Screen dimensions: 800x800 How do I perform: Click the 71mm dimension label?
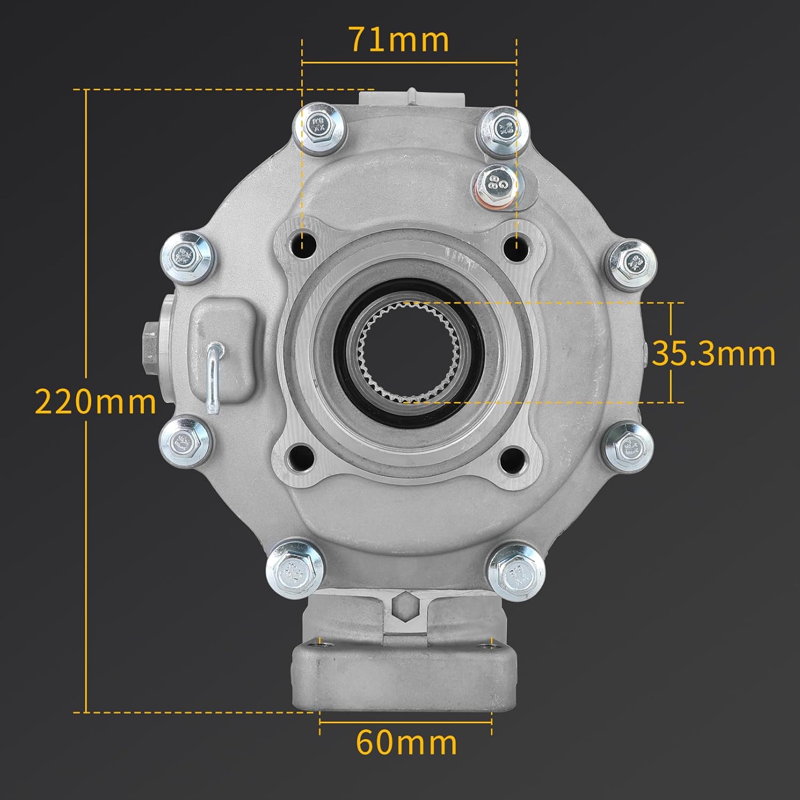[399, 40]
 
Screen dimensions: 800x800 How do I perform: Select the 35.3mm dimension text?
[714, 354]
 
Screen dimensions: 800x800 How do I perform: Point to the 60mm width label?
[406, 742]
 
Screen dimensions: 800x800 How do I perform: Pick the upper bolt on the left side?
[187, 256]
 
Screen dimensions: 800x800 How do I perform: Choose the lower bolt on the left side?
[185, 441]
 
